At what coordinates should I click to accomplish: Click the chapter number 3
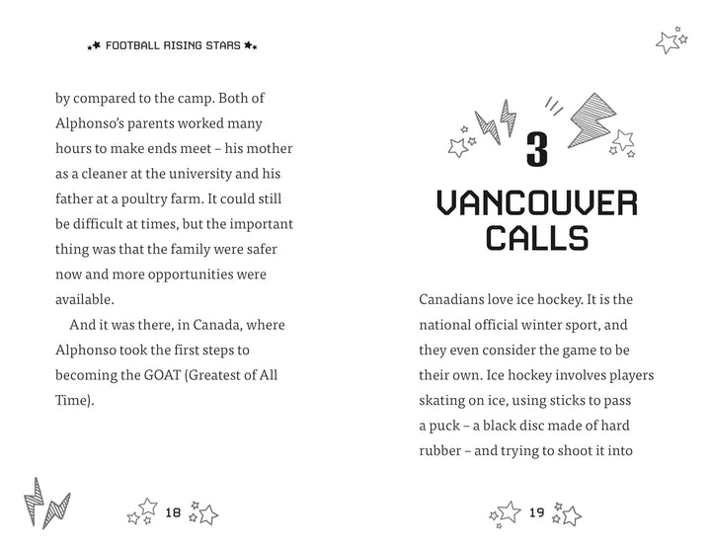click(x=537, y=150)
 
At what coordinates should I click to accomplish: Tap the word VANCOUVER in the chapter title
click(x=537, y=204)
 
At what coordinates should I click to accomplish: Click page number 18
click(x=173, y=511)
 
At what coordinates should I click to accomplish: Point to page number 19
click(x=536, y=511)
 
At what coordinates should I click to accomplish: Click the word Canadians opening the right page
click(x=456, y=297)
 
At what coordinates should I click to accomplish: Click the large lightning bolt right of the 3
click(x=591, y=116)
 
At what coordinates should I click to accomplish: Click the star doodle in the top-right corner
click(x=671, y=40)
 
